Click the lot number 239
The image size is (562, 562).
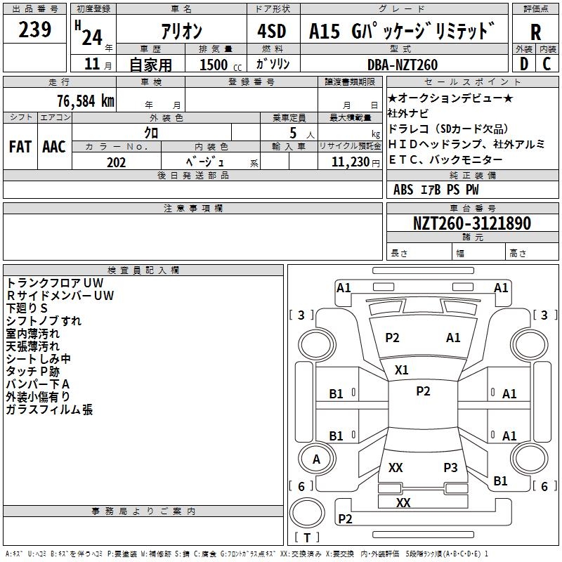(35, 30)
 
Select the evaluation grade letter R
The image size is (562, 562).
(535, 32)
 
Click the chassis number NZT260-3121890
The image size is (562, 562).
(471, 223)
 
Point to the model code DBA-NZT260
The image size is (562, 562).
(403, 65)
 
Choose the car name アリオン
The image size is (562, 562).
(181, 32)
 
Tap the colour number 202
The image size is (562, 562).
(116, 162)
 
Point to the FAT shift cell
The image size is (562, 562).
(20, 147)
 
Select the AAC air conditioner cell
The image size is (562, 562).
(54, 147)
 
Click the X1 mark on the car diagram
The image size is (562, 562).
(401, 370)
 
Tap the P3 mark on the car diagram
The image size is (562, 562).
(450, 467)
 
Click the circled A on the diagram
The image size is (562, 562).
(316, 459)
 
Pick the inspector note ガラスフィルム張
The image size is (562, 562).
(49, 410)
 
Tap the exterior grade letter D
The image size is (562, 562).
(523, 65)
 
